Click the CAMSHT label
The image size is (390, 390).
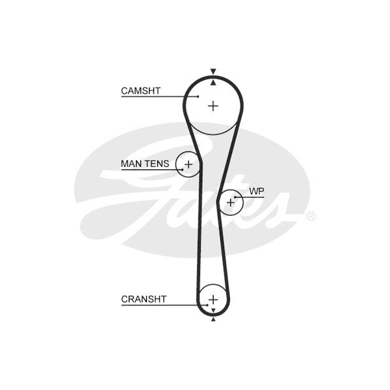(x=140, y=91)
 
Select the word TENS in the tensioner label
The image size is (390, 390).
(x=157, y=164)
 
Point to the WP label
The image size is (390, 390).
(x=257, y=191)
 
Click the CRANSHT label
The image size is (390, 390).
(x=144, y=299)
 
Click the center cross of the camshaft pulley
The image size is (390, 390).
(x=213, y=106)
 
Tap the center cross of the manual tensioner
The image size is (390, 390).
(x=188, y=164)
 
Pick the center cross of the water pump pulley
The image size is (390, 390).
(x=231, y=202)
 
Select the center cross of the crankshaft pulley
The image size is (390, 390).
(x=213, y=300)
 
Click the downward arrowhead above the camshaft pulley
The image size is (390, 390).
(x=213, y=71)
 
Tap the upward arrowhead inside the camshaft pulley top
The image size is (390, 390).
(x=213, y=83)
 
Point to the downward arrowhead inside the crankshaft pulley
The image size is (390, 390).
(x=213, y=310)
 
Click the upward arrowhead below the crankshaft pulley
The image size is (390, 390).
(x=213, y=319)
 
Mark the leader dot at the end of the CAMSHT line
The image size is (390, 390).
(x=198, y=96)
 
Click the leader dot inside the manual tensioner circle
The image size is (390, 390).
(x=183, y=170)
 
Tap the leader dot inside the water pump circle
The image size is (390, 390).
(x=235, y=197)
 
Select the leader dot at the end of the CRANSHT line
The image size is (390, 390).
(x=207, y=305)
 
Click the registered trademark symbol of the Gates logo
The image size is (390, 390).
(x=311, y=216)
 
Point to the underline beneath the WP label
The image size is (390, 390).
(x=250, y=198)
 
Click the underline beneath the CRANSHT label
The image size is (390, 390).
(x=164, y=305)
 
